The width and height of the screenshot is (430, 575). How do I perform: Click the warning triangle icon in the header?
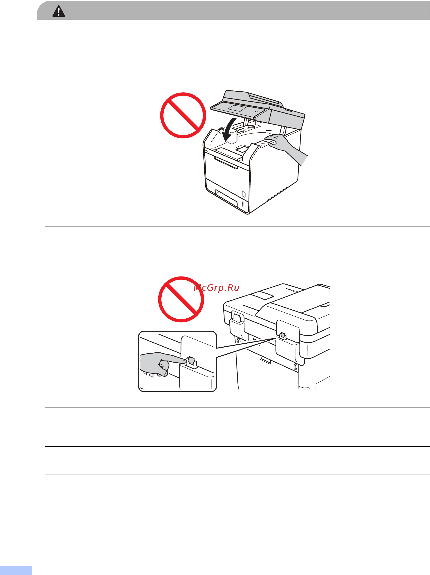59,11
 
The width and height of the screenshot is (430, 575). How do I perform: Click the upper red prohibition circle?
183,115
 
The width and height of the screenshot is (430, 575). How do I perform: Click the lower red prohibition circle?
181,299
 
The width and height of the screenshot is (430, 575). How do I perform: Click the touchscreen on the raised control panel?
236,108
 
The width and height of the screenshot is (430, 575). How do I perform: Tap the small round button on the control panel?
256,112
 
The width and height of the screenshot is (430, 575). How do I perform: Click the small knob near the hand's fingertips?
263,144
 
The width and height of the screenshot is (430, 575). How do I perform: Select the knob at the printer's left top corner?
221,129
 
